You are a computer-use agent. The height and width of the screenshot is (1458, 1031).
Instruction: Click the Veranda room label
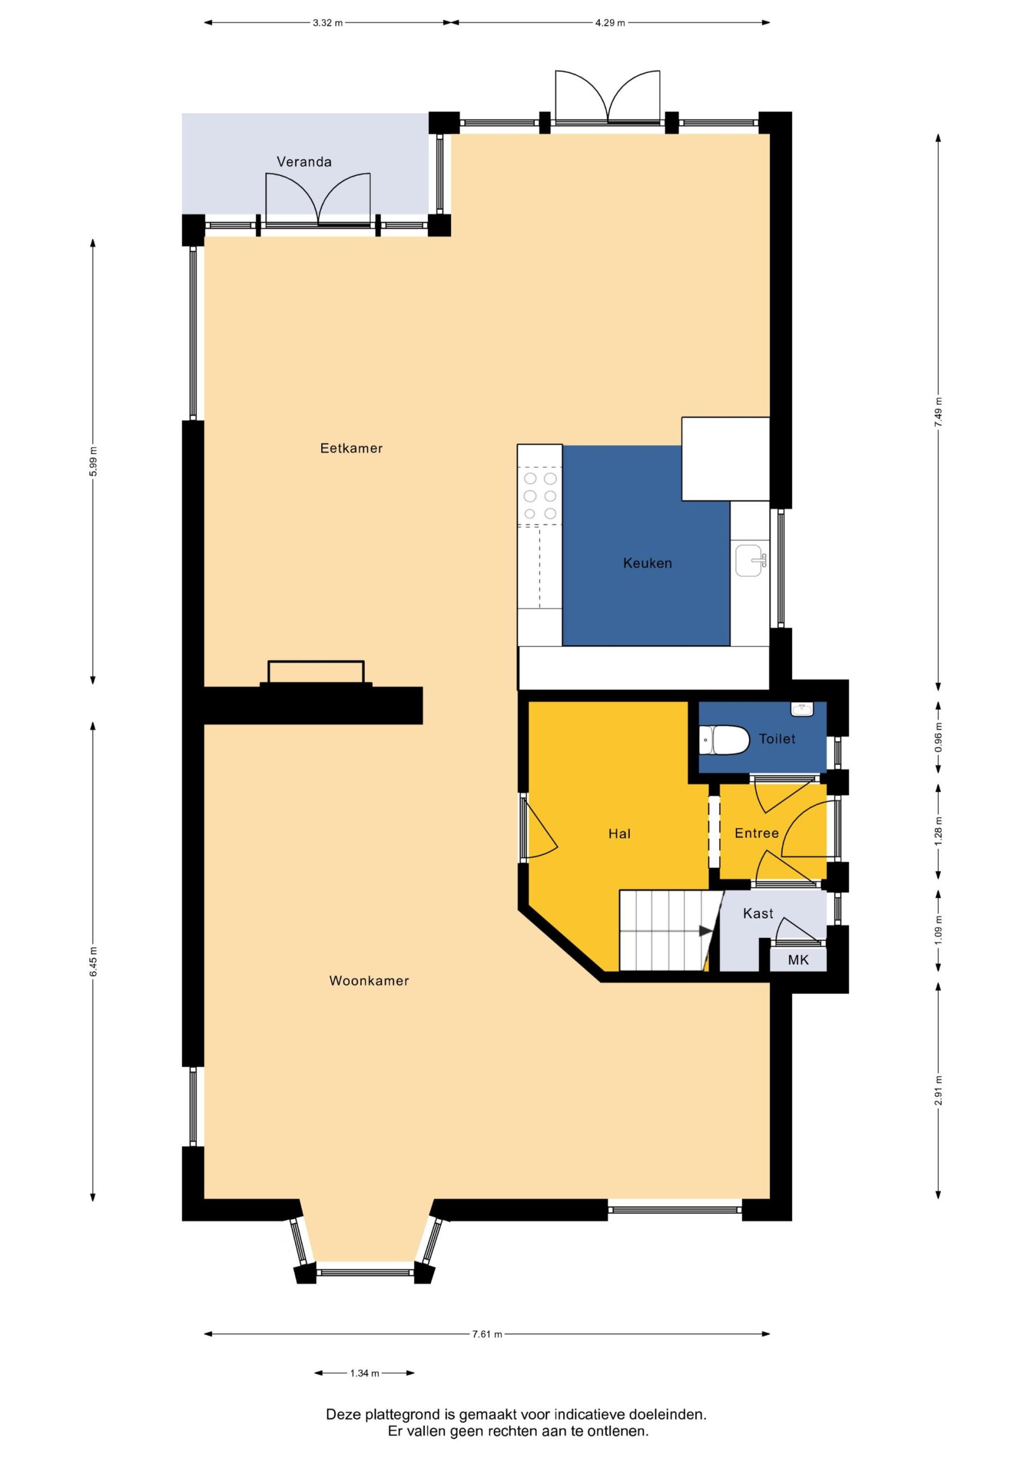coord(304,162)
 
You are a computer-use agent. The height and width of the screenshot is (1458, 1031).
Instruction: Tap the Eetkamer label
coord(351,448)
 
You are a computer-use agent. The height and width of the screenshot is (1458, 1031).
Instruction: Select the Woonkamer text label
coord(369,981)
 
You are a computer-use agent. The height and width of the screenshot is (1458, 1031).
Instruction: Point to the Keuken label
coord(647,563)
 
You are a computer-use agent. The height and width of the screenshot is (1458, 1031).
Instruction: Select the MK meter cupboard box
coord(799,960)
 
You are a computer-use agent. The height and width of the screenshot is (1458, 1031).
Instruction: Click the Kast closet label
coord(758,913)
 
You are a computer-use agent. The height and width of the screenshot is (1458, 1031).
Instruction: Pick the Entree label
coord(756,833)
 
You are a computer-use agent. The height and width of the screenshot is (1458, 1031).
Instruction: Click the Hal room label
coord(619,834)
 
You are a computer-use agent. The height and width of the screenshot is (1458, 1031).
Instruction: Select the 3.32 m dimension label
coord(328,23)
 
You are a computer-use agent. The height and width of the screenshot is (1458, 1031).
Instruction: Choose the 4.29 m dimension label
coord(610,23)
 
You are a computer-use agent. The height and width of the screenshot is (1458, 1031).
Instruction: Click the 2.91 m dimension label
coord(938,1090)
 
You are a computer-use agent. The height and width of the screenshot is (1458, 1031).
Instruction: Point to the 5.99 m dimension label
coord(93,462)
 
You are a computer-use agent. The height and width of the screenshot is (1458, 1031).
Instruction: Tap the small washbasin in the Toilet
coord(803,708)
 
